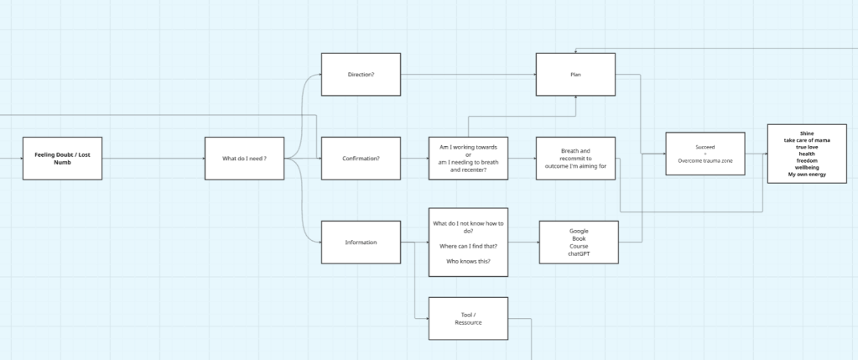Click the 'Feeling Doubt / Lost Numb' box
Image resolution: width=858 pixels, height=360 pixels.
click(62, 158)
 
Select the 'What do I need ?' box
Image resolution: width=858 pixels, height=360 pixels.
click(244, 158)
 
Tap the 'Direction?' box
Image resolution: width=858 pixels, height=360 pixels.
click(361, 75)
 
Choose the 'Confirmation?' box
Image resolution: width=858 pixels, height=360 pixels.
click(361, 158)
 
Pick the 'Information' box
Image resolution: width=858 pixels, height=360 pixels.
click(361, 243)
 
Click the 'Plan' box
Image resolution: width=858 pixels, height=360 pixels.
click(575, 75)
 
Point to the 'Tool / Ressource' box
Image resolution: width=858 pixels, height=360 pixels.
click(468, 318)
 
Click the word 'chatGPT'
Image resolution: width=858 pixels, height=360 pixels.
click(579, 253)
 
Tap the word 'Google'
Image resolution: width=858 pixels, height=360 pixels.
click(579, 231)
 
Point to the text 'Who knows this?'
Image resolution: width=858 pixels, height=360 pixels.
click(468, 261)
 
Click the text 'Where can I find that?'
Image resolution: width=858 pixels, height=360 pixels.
click(468, 246)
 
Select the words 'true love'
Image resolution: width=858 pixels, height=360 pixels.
click(807, 147)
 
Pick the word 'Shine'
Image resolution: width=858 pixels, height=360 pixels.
click(807, 133)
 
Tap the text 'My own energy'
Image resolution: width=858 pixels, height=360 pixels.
click(807, 174)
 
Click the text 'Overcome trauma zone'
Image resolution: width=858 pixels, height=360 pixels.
click(705, 160)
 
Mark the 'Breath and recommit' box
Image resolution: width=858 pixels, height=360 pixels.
click(575, 158)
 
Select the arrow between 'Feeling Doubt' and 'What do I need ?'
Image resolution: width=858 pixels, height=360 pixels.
click(153, 158)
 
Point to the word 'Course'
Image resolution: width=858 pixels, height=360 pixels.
click(579, 246)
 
